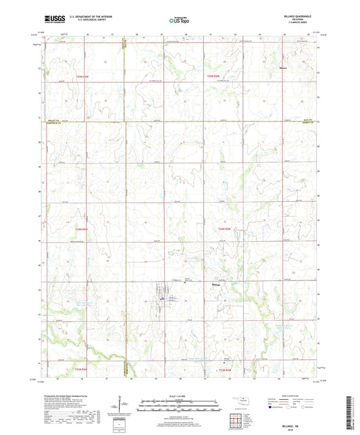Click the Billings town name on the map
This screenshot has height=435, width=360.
point(213,285)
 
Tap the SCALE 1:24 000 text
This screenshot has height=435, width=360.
point(180,395)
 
